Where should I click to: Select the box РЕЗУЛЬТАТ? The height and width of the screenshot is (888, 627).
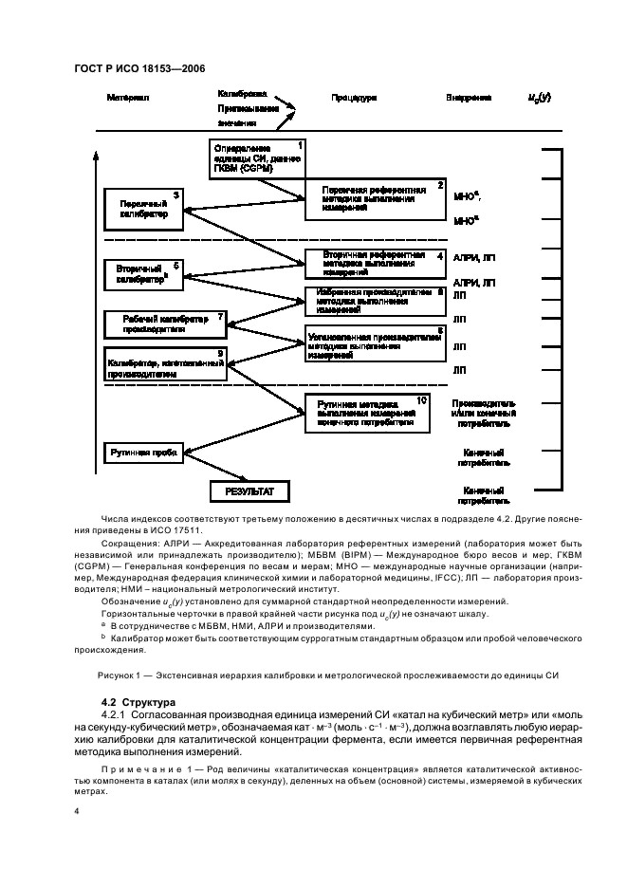(x=249, y=490)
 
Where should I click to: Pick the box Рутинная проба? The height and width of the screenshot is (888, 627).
(x=142, y=453)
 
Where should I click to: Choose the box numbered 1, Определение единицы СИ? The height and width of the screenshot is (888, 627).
(x=256, y=158)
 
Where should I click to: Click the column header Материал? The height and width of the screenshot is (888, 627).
(x=129, y=98)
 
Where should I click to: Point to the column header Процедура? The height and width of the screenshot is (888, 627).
(x=354, y=98)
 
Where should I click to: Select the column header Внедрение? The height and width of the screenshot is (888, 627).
(x=469, y=98)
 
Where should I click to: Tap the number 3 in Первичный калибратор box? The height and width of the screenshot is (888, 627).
(x=175, y=195)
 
